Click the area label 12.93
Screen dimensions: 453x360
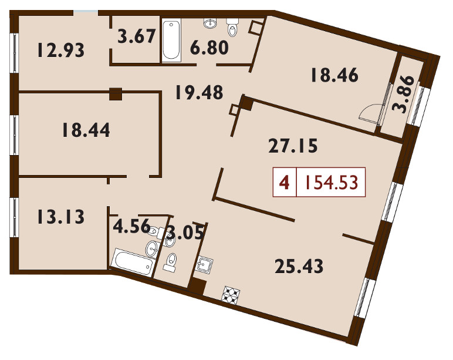pyautogui.click(x=61, y=50)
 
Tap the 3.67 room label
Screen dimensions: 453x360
pyautogui.click(x=137, y=36)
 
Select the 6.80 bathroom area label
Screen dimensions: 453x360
pyautogui.click(x=209, y=48)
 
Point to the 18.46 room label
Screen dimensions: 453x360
pyautogui.click(x=334, y=75)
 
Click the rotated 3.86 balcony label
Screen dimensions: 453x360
pyautogui.click(x=403, y=95)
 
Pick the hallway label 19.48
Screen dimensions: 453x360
pyautogui.click(x=200, y=92)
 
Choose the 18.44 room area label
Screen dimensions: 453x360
pyautogui.click(x=86, y=130)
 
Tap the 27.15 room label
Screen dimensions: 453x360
pyautogui.click(x=293, y=146)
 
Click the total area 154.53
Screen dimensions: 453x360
pyautogui.click(x=332, y=183)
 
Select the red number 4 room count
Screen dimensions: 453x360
pyautogui.click(x=285, y=183)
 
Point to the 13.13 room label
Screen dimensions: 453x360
pyautogui.click(x=61, y=217)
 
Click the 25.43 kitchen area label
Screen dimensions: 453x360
pyautogui.click(x=299, y=266)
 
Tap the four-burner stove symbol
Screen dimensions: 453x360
pyautogui.click(x=231, y=295)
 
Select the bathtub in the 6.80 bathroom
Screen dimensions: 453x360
pyautogui.click(x=171, y=40)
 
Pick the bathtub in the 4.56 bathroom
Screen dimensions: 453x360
pyautogui.click(x=133, y=263)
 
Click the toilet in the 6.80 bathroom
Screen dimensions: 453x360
pyautogui.click(x=232, y=26)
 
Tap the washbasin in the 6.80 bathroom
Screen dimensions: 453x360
pyautogui.click(x=210, y=23)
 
